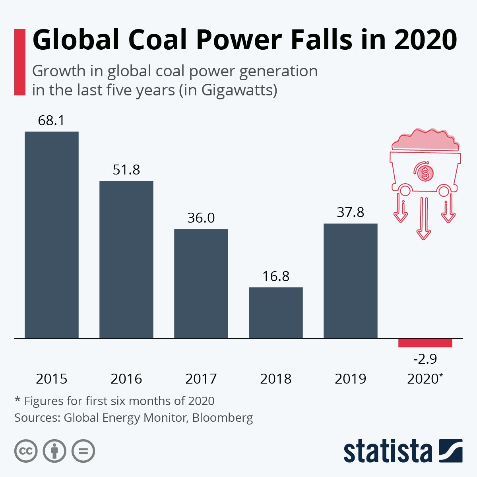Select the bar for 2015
click(x=52, y=235)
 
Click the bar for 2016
click(x=126, y=259)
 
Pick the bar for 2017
click(x=201, y=283)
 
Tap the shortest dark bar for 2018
click(x=276, y=312)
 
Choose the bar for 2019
click(x=351, y=281)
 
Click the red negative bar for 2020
click(x=425, y=343)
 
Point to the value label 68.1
click(x=51, y=120)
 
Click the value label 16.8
click(x=276, y=276)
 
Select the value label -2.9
click(x=425, y=359)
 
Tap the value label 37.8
click(x=351, y=213)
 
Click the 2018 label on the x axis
click(x=276, y=379)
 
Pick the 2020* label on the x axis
click(x=425, y=379)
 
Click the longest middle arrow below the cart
click(x=424, y=219)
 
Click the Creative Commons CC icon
click(x=26, y=451)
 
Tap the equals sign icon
click(x=83, y=451)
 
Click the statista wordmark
click(x=388, y=452)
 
